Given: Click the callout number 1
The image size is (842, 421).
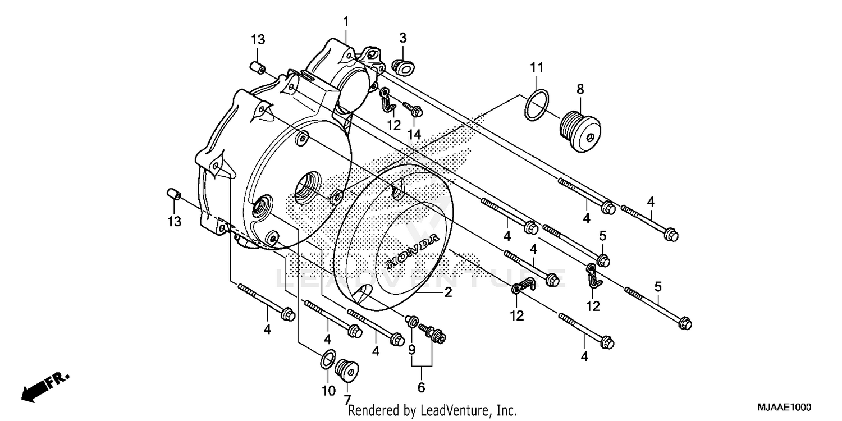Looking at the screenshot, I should click(346, 22).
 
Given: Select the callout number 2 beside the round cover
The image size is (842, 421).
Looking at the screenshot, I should click(448, 292).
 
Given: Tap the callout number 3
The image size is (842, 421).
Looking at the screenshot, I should click(402, 38).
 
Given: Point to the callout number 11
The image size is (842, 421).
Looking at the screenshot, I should click(537, 68).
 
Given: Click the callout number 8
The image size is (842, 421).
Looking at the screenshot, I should click(580, 89).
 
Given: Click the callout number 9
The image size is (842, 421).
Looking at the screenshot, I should click(411, 349).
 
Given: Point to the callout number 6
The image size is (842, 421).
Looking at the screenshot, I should click(421, 387).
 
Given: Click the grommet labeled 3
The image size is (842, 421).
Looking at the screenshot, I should click(401, 66).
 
